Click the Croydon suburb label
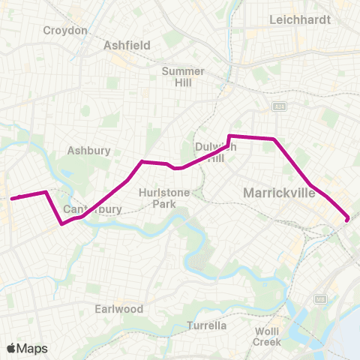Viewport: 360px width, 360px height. coord(65,31)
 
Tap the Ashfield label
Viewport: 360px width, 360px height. coord(127,45)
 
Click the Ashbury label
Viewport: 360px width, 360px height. coord(89,150)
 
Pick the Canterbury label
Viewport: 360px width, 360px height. coord(93,209)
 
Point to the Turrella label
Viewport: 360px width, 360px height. coord(207,325)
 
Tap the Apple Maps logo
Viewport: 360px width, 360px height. coord(27,348)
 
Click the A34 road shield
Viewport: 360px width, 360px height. coord(279,106)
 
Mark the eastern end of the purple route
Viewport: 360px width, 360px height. coord(347,219)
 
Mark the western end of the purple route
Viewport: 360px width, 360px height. coord(13,198)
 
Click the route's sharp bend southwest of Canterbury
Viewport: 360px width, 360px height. coord(61,223)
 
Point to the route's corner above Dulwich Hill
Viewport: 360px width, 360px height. coord(229,136)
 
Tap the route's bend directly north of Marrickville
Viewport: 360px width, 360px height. coord(275,139)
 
